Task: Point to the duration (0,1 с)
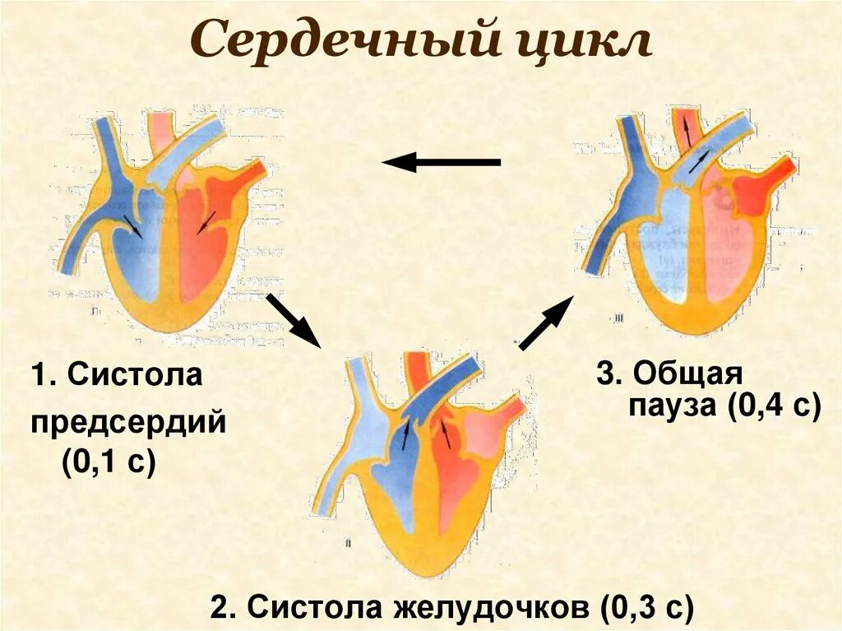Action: pos(108,463)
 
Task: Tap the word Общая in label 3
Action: pos(687,373)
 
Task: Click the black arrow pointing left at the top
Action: pos(442,163)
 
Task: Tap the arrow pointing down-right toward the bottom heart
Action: pos(293,319)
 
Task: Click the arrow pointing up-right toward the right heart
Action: pos(546,323)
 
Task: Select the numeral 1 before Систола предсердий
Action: pos(39,376)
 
